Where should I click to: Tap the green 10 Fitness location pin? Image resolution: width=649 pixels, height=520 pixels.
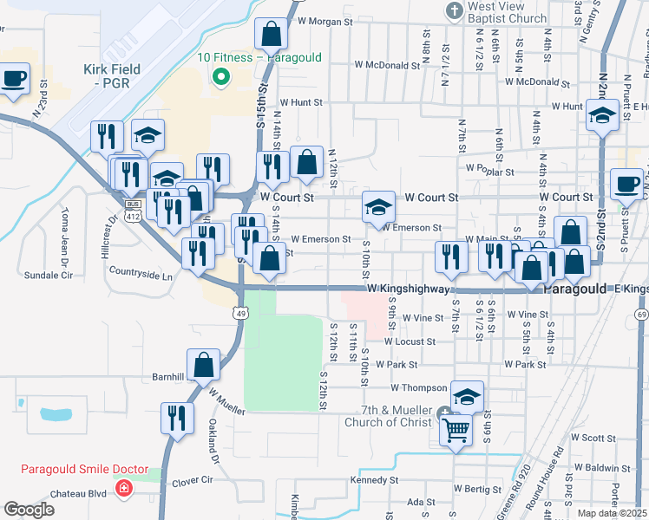[x=220, y=76]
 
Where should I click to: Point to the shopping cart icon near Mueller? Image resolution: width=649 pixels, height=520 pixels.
[x=456, y=427]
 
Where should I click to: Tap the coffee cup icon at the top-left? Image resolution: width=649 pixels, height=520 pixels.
[x=14, y=79]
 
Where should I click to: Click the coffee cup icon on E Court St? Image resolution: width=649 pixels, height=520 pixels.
[x=627, y=183]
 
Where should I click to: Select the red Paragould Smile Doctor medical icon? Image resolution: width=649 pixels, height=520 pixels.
[x=124, y=491]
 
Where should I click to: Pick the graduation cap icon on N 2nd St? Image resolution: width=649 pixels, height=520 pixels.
[x=601, y=114]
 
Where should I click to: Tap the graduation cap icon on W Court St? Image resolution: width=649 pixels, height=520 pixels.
[x=378, y=207]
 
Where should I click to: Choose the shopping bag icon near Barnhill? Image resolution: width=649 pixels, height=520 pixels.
[x=204, y=365]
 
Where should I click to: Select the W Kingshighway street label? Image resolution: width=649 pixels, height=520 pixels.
[x=407, y=288]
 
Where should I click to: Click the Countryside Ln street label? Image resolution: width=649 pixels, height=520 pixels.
[x=141, y=270]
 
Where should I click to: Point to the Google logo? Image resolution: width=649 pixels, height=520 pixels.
[x=29, y=510]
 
